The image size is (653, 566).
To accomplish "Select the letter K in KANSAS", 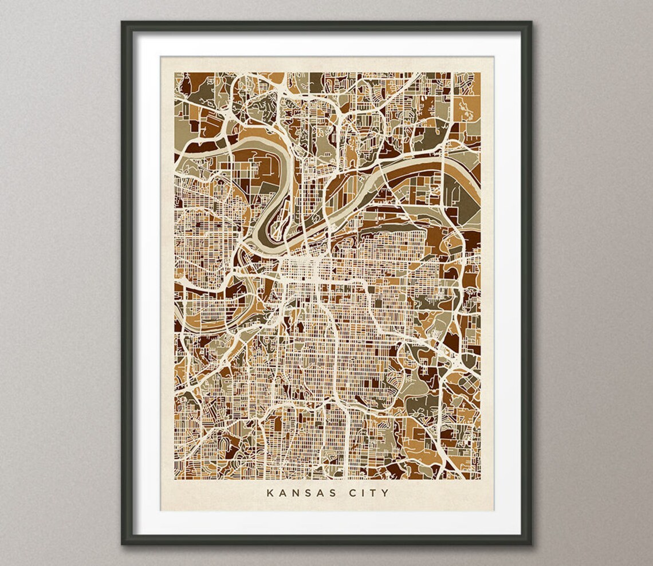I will coord(270,492).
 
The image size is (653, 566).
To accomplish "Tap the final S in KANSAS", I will coord(325,492).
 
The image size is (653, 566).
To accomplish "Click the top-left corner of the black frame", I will coord(123,22).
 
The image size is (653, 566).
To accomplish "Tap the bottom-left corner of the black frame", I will coord(123,544).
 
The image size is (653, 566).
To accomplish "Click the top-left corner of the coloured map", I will coord(175,72).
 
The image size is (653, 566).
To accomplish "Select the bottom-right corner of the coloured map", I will coord(480,479).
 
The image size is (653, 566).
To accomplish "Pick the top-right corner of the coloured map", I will coord(480,72).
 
